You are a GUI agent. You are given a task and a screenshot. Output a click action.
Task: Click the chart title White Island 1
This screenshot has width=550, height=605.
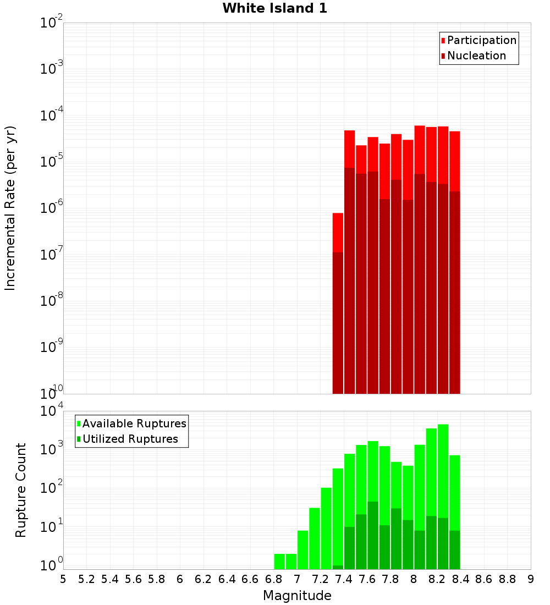coord(274,8)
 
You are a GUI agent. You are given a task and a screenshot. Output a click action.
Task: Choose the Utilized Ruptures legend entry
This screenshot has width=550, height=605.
coord(130,439)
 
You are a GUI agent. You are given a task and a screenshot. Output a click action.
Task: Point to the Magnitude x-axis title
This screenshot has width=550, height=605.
coord(297,596)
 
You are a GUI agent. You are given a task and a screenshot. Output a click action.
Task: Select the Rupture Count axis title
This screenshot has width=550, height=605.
coord(21,490)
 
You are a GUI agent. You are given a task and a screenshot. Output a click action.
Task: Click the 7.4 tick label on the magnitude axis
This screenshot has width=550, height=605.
coord(344,579)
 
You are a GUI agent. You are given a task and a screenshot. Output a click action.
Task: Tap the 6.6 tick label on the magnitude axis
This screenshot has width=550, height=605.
coord(250,579)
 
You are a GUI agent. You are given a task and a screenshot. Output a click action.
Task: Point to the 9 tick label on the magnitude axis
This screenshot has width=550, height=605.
coord(530,579)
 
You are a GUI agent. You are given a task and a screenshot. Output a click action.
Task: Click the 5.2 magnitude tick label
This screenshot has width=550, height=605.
coord(87,579)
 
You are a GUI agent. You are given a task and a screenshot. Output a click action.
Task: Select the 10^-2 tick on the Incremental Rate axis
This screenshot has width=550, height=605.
coord(52,23)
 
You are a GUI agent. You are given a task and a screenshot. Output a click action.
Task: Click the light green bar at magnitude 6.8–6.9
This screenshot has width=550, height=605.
coord(279,562)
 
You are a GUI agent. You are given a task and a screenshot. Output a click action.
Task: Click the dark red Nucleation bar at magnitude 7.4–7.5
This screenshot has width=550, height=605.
coord(349,280)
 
